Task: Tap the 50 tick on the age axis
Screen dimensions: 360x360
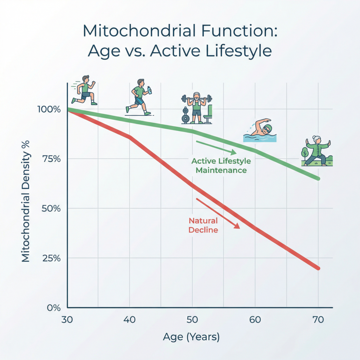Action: pyautogui.click(x=192, y=320)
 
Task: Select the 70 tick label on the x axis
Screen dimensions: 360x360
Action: pyautogui.click(x=318, y=320)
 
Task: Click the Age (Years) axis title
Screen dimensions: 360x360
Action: pyautogui.click(x=191, y=337)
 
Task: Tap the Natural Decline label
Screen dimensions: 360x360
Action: pyautogui.click(x=203, y=225)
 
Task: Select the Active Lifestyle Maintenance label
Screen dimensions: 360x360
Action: pyautogui.click(x=221, y=166)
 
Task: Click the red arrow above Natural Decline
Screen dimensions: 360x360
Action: pyautogui.click(x=218, y=214)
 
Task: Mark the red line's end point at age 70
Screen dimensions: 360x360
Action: pyautogui.click(x=318, y=268)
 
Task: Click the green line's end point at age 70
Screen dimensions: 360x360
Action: pyautogui.click(x=318, y=179)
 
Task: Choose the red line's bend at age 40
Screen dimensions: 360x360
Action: pyautogui.click(x=130, y=137)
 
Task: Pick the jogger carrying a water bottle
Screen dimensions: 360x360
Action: pyautogui.click(x=139, y=97)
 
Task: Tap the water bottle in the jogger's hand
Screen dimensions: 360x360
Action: pyautogui.click(x=150, y=90)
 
